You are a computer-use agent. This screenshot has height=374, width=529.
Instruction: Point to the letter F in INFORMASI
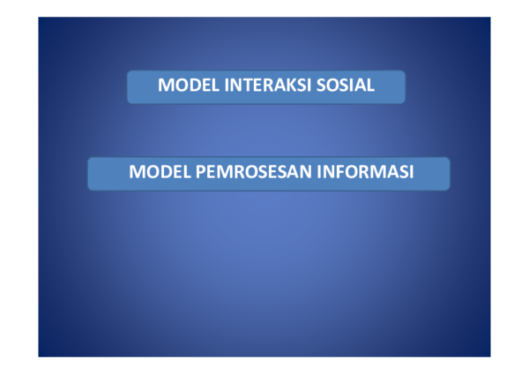(x=339, y=172)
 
